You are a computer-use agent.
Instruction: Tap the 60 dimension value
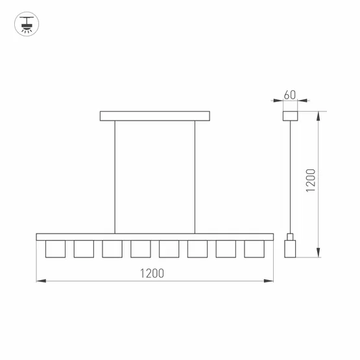289,95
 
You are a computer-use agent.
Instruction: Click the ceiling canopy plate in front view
155,117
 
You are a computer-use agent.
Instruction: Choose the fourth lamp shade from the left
140,248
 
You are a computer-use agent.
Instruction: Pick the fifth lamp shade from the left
169,248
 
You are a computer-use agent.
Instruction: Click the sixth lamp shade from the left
197,248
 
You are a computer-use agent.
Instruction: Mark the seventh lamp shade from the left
226,248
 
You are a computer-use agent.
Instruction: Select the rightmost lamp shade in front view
254,248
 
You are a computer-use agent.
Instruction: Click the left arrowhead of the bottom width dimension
38,281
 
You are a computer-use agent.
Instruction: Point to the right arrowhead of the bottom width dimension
270,281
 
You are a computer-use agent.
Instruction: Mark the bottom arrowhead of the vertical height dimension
318,254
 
